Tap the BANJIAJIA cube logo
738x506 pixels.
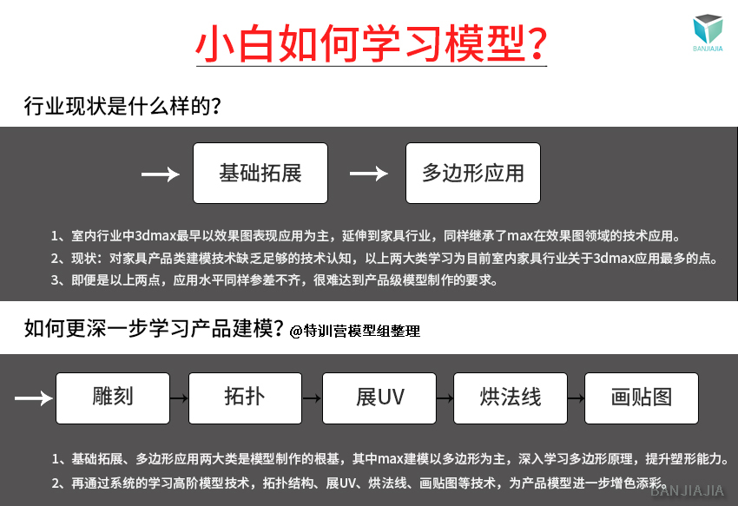coord(708,32)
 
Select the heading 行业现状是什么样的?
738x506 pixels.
coord(122,106)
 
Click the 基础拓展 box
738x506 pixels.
coord(260,174)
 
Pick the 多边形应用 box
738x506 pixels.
coord(473,174)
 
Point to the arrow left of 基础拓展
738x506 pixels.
coord(161,174)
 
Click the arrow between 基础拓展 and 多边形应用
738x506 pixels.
coord(368,174)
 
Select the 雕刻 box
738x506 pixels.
coord(113,398)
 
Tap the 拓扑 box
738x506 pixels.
coord(245,398)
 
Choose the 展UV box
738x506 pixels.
coord(379,398)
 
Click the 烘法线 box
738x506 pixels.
coord(511,398)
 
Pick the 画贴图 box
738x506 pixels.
coord(642,398)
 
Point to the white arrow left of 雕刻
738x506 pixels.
coord(33,398)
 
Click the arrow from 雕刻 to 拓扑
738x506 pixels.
coord(179,398)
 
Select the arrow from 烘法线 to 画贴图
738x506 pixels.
coord(577,398)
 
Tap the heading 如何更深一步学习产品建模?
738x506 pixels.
coord(154,328)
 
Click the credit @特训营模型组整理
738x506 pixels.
coord(354,331)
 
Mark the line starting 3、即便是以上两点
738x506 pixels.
coord(273,280)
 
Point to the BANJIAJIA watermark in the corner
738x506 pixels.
coord(687,491)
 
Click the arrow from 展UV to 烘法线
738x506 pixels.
coord(445,398)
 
